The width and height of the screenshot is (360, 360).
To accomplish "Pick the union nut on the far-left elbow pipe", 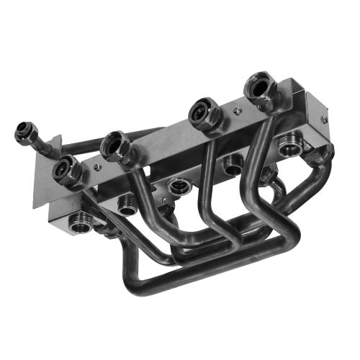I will [x=24, y=133].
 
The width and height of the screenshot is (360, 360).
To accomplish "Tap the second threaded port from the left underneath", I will [x=127, y=204].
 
